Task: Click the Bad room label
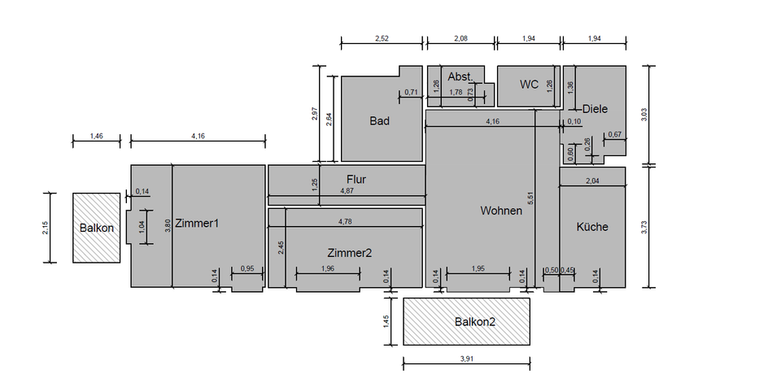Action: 379,121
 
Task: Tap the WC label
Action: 529,85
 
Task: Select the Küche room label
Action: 592,227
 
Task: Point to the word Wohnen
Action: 500,211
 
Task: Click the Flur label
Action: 357,179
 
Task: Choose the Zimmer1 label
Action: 197,223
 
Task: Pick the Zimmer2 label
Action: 350,253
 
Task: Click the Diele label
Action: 595,109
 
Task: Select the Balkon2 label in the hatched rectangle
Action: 474,321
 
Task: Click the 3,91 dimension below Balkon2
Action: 466,358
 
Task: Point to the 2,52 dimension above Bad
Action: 382,37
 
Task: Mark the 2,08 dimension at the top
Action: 460,37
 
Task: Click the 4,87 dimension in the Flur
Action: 347,191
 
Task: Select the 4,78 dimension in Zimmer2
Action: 346,221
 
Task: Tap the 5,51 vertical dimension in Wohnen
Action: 530,198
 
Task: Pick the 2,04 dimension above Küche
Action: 591,181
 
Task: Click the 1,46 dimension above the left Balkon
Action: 96,136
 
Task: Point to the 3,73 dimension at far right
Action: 644,227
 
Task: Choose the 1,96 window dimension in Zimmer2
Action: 328,269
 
